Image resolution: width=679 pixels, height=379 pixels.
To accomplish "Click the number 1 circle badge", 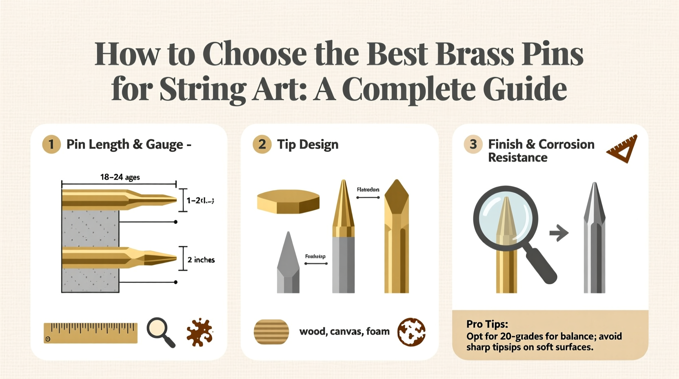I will tap(51, 144).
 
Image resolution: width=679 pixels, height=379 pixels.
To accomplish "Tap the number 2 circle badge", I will tap(262, 144).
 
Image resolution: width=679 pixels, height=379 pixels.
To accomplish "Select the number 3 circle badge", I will tap(473, 144).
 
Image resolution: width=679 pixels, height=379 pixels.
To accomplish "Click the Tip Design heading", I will tap(308, 145).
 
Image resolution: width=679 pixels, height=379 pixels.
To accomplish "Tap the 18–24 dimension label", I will tap(120, 177).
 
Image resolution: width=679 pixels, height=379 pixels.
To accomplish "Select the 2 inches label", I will tap(201, 260).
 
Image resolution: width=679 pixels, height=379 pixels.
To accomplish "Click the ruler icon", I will tap(90, 332).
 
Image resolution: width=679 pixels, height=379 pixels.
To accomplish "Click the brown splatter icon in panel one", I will tap(200, 332).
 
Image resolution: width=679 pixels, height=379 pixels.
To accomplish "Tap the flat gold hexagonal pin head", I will tap(288, 201).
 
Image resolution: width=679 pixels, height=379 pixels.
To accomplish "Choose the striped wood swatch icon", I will tap(271, 332).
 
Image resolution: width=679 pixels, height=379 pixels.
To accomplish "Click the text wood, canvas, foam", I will tap(344, 331).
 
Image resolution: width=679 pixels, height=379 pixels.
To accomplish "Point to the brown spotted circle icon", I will tap(411, 332).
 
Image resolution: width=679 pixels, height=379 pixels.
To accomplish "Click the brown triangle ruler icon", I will tap(622, 149).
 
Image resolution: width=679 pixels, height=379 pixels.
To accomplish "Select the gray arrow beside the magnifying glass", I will tap(559, 233).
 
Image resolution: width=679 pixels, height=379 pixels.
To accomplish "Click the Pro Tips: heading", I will tap(487, 324).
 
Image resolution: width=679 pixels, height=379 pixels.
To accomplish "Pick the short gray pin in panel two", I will tap(288, 263).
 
